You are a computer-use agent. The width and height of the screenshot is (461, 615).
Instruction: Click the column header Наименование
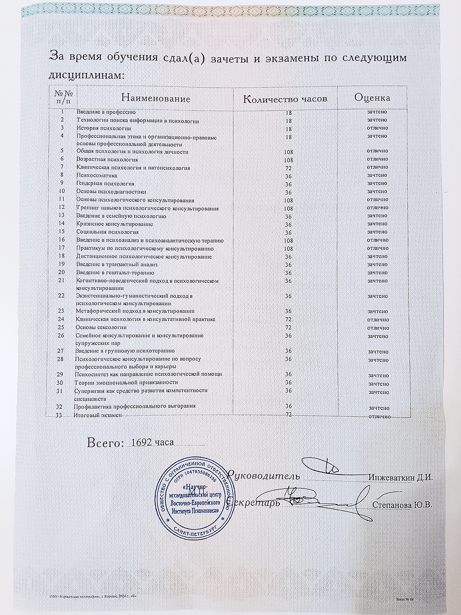point(156,99)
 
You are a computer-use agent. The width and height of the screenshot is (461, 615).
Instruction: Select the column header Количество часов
point(285,99)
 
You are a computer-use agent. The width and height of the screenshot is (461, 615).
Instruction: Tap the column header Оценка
point(372,98)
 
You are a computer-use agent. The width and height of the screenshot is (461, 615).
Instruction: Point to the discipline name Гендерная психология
point(105,184)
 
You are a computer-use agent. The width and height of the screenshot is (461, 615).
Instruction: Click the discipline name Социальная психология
point(108,232)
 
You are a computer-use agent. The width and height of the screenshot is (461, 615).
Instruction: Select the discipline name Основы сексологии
point(101,327)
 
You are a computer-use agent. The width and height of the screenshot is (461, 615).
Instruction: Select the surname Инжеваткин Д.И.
point(401,477)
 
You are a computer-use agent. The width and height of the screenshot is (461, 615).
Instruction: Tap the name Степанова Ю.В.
point(403,505)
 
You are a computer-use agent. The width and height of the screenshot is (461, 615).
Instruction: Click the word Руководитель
point(263,475)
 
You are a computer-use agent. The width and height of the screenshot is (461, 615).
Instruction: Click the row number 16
point(61,240)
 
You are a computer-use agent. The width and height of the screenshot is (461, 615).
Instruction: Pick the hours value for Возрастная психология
point(288,160)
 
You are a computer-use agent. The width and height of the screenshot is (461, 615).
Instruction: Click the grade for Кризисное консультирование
point(377,224)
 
